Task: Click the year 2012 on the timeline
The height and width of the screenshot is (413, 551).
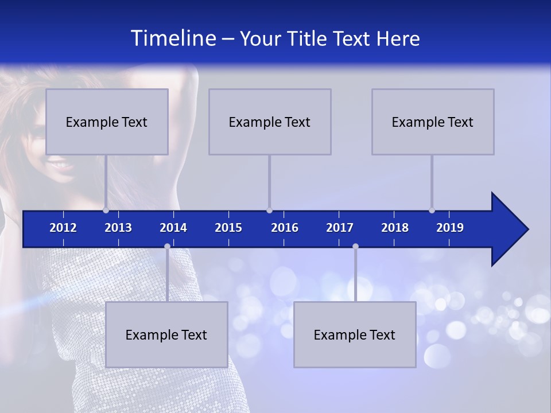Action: (63, 228)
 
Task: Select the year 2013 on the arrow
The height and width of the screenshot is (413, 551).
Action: (118, 228)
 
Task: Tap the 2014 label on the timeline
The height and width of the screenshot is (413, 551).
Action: (173, 228)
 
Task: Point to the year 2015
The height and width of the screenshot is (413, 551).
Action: (228, 228)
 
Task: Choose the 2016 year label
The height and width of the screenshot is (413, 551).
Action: (285, 228)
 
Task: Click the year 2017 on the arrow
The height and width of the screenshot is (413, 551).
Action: (340, 228)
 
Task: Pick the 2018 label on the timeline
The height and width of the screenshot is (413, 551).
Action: (395, 228)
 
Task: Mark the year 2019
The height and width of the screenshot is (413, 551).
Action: (450, 228)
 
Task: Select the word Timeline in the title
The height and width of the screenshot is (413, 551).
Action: (173, 38)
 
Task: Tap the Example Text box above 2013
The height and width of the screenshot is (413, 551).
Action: (107, 122)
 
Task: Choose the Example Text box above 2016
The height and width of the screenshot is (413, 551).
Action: (270, 122)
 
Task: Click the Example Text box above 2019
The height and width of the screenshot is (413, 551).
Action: (433, 122)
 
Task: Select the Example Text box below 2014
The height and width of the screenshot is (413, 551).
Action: (166, 335)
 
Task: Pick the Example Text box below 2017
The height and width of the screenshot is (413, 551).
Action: (355, 335)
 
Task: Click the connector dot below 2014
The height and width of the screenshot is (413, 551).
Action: (167, 246)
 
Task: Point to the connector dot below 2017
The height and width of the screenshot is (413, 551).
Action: (355, 246)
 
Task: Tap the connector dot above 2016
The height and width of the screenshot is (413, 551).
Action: (269, 210)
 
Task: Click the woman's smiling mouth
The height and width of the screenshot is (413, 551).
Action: (60, 166)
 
